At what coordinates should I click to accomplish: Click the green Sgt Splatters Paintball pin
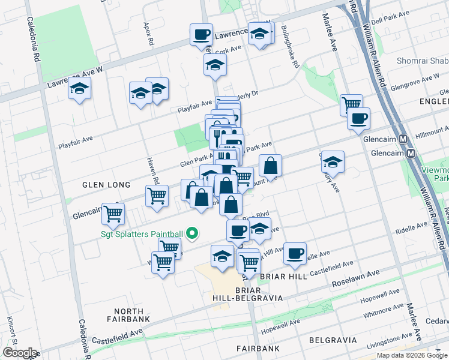(192, 233)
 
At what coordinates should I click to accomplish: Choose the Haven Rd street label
(153, 171)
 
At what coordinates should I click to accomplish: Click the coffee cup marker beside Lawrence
(201, 34)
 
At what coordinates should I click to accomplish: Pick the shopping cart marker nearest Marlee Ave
(351, 105)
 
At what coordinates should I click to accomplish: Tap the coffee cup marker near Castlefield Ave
(294, 253)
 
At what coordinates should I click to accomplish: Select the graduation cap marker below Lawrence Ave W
(78, 89)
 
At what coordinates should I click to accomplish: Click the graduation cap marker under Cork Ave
(214, 65)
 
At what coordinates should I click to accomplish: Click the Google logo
(19, 353)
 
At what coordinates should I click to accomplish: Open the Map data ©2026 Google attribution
(411, 355)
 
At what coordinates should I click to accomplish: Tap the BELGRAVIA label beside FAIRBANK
(333, 340)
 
